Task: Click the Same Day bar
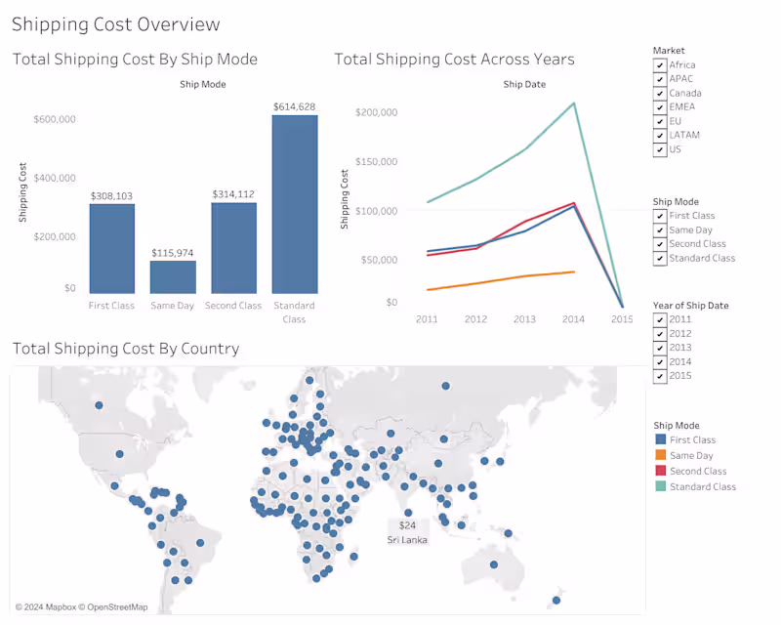[173, 276]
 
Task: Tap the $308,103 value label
[111, 196]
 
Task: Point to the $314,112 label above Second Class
[233, 194]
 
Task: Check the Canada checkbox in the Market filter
[661, 94]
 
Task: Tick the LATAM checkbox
[661, 136]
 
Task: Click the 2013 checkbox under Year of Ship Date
[661, 348]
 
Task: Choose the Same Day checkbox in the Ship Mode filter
[661, 230]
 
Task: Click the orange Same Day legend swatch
[659, 456]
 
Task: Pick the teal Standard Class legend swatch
[659, 486]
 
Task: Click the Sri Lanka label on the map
[407, 540]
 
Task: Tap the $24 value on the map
[407, 525]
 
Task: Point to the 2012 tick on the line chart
[475, 319]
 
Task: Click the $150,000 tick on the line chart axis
[377, 161]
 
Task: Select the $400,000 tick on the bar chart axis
[56, 178]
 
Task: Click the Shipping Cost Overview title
[116, 24]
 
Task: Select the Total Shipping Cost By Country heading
[126, 349]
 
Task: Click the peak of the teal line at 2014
[574, 103]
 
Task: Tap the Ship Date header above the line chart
[524, 85]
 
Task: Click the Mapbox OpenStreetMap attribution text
[81, 607]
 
